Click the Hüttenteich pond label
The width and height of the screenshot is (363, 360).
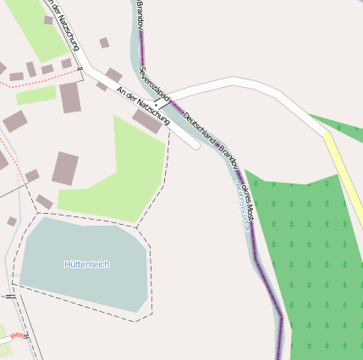pos(86,265)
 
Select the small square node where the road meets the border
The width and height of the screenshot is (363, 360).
pos(156,106)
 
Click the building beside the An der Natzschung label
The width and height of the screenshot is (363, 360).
pos(147,122)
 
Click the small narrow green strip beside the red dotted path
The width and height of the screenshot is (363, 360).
pos(36,95)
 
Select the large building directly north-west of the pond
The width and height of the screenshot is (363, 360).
pos(65,168)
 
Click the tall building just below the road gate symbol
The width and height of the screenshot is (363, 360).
pos(69,97)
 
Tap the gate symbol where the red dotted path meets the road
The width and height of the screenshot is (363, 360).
pos(79,69)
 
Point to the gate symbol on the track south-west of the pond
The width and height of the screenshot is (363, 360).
pos(10,297)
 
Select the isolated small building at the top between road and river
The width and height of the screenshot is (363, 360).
pos(104,42)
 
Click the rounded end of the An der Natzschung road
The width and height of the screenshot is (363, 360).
pos(195,145)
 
